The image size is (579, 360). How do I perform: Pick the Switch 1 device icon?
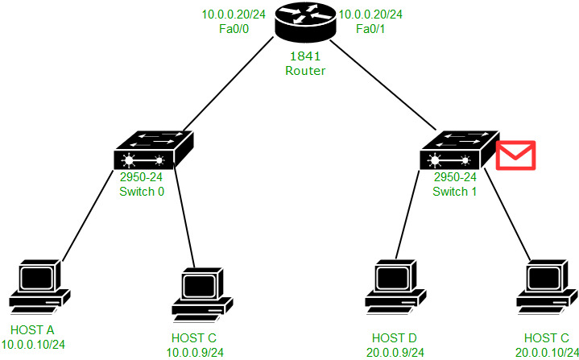point(457,152)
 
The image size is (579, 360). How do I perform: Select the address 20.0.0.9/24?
point(394,350)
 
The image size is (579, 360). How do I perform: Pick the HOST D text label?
point(394,337)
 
